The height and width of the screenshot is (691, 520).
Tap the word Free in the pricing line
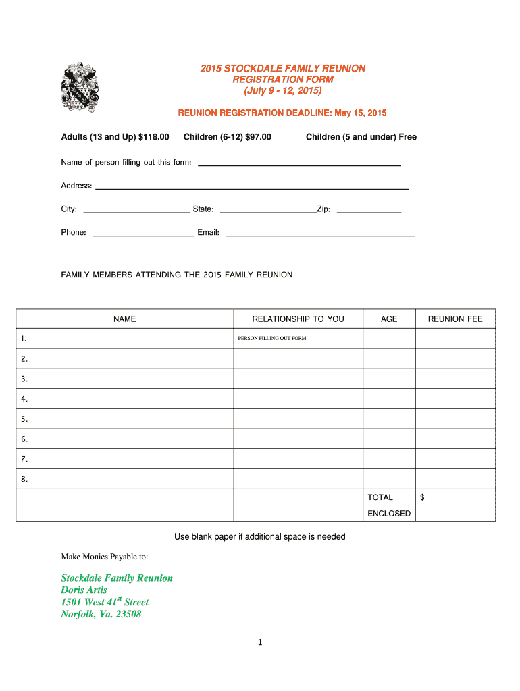point(407,137)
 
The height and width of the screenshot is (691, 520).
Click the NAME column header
point(125,319)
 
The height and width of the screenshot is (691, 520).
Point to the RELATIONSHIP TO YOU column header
point(298,319)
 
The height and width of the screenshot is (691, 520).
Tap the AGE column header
point(389,319)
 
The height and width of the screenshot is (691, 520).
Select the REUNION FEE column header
point(455,319)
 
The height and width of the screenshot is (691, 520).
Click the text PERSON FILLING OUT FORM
point(272,338)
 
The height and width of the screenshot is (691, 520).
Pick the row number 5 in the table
point(24,419)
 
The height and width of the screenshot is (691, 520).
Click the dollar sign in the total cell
point(422,497)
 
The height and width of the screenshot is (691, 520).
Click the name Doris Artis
point(84,590)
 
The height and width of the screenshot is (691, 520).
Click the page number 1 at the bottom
point(259,643)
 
